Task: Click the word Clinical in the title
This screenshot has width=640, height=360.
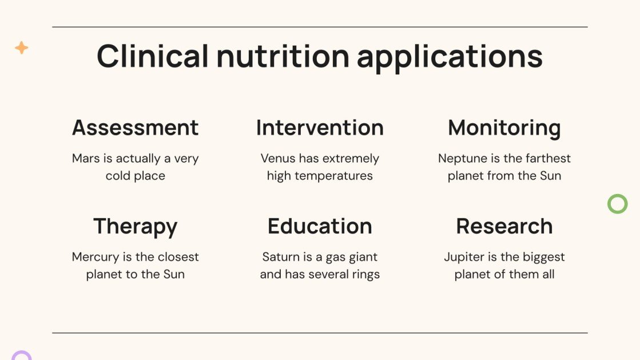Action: click(153, 57)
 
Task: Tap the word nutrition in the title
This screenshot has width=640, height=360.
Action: click(283, 57)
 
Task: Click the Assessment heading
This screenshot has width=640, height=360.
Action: click(136, 128)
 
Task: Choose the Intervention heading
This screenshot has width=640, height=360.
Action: click(320, 128)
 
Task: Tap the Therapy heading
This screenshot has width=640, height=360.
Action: click(136, 227)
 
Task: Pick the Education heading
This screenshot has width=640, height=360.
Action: click(320, 226)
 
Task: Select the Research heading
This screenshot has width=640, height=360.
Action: click(504, 226)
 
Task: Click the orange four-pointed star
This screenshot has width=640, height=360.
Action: click(22, 48)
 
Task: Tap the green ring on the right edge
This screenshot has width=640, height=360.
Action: click(617, 204)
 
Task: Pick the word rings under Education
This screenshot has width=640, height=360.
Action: click(366, 274)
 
